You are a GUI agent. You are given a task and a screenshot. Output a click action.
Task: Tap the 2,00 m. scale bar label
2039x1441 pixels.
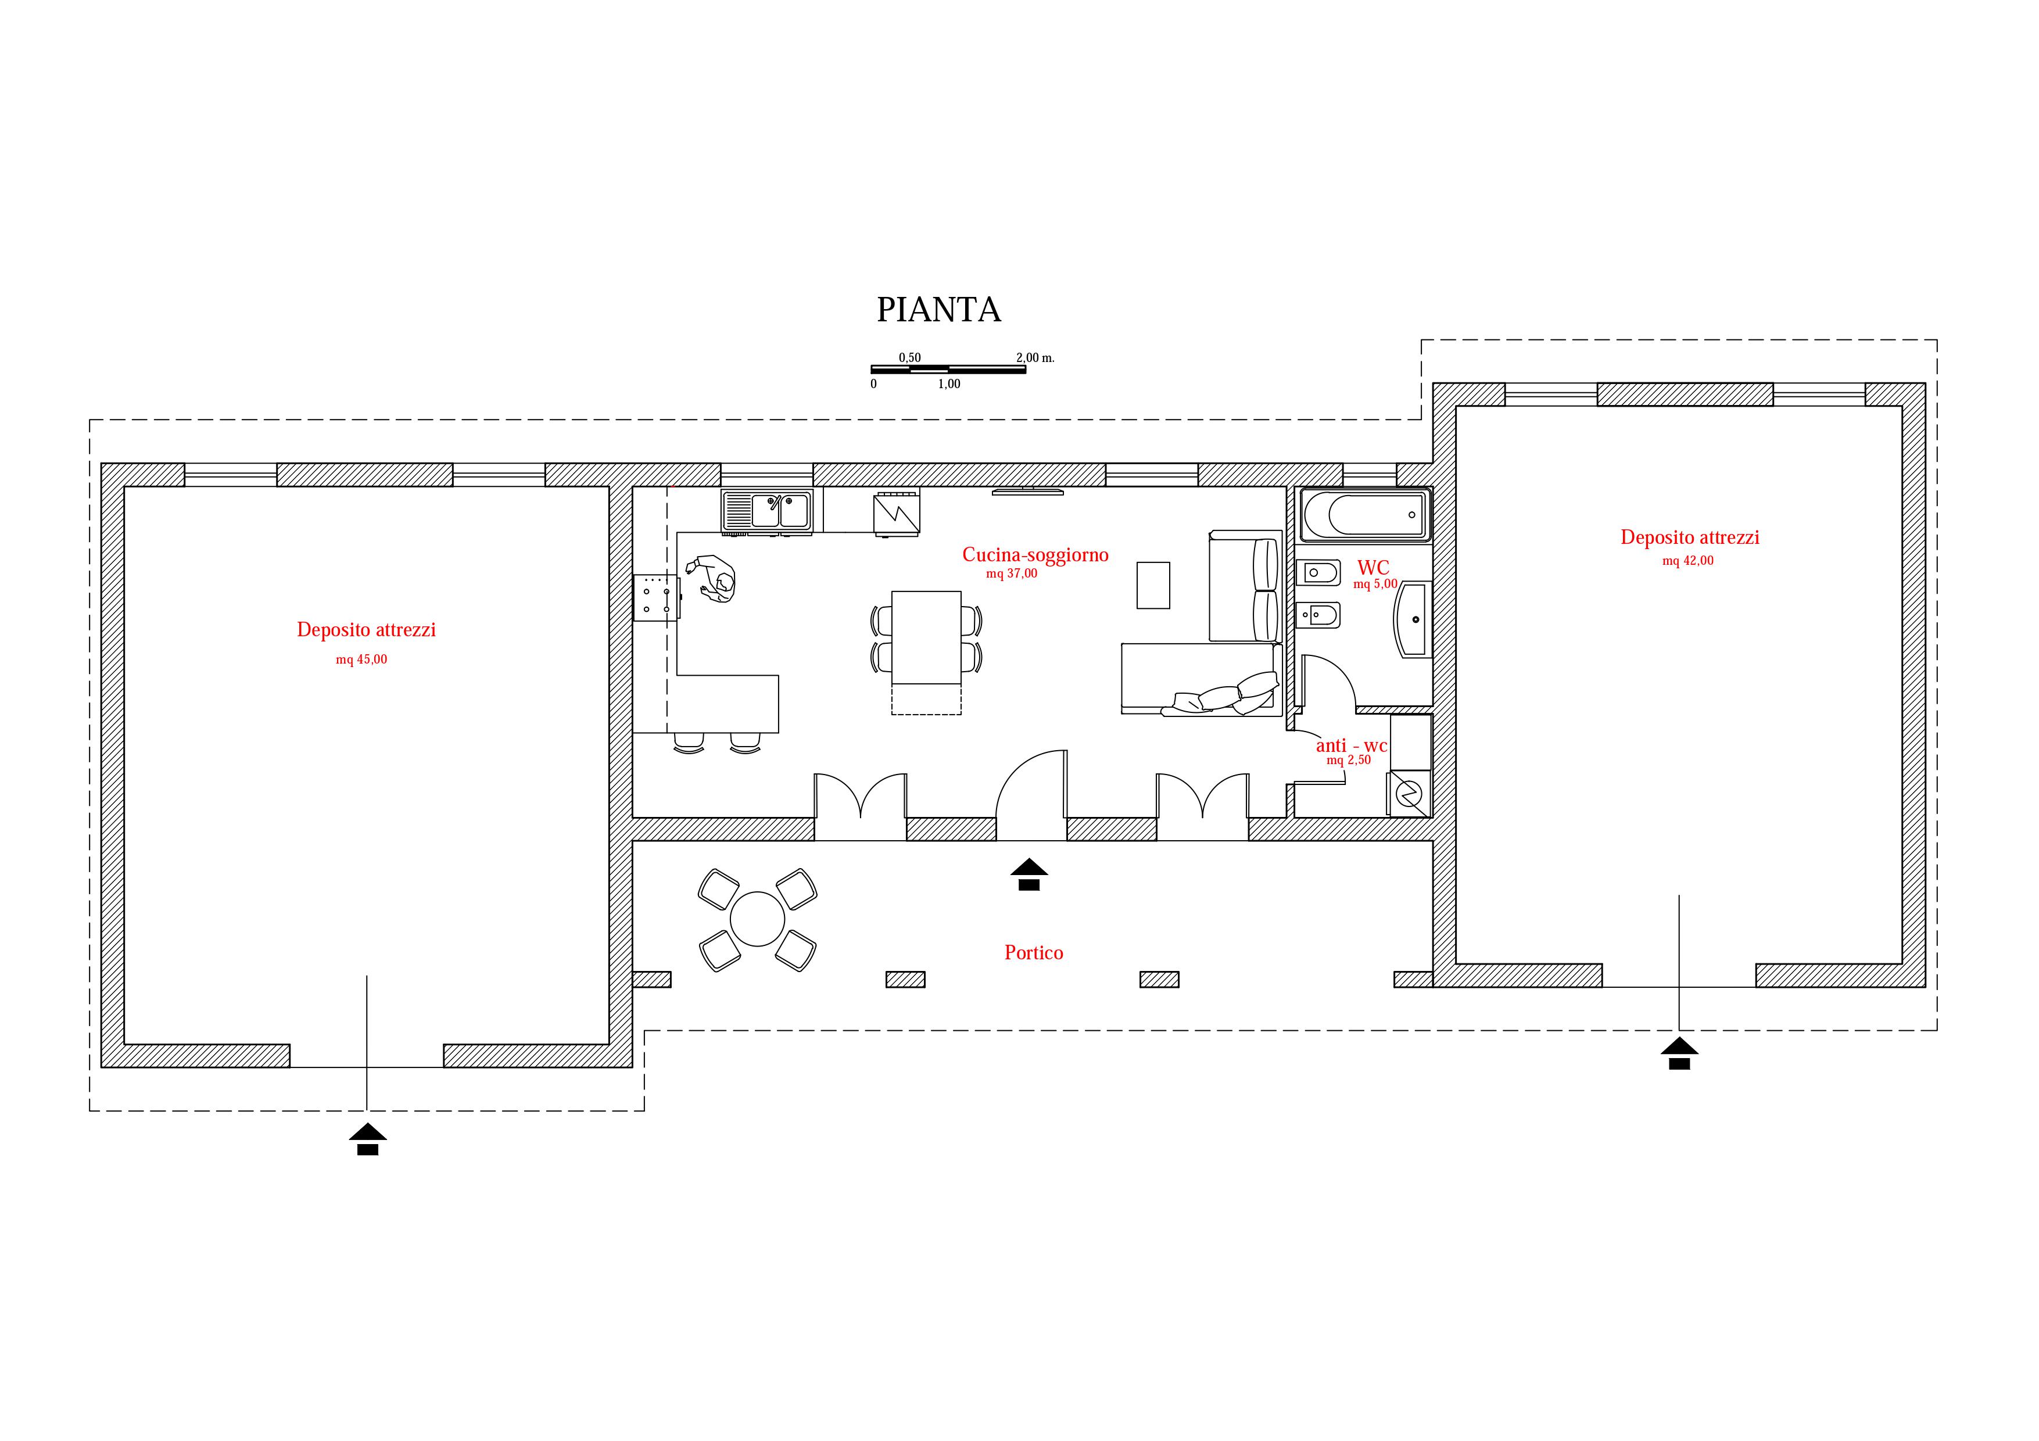tap(1035, 358)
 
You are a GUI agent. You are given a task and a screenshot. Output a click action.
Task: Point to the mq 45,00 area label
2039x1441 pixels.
tap(361, 659)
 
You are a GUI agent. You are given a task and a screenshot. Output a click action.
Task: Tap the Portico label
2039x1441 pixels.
tap(1034, 953)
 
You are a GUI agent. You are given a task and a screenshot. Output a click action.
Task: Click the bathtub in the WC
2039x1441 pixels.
tap(1366, 514)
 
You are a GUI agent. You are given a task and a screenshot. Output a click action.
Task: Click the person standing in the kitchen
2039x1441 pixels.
tap(712, 579)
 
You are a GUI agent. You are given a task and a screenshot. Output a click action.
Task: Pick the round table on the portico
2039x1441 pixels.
tap(758, 919)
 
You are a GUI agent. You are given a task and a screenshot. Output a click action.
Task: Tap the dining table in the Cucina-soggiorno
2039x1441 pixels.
tap(926, 637)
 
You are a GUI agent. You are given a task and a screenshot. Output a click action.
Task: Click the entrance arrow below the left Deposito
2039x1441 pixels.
tap(368, 1139)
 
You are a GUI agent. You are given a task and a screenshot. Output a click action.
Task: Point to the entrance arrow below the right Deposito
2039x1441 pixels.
tap(1679, 1053)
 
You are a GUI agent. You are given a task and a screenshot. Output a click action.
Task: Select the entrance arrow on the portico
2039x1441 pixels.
tap(1029, 874)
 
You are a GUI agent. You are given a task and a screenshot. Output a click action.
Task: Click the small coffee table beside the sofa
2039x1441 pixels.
tap(1153, 585)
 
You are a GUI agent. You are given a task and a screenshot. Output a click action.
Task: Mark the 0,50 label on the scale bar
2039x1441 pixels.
tap(909, 358)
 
